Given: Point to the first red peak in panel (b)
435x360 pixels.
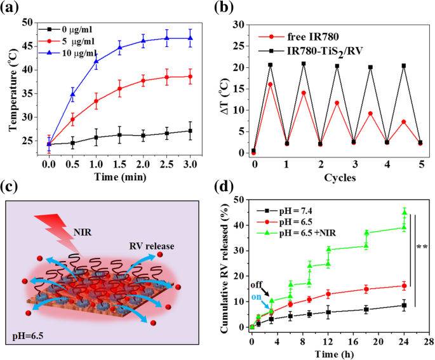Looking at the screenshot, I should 270,84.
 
